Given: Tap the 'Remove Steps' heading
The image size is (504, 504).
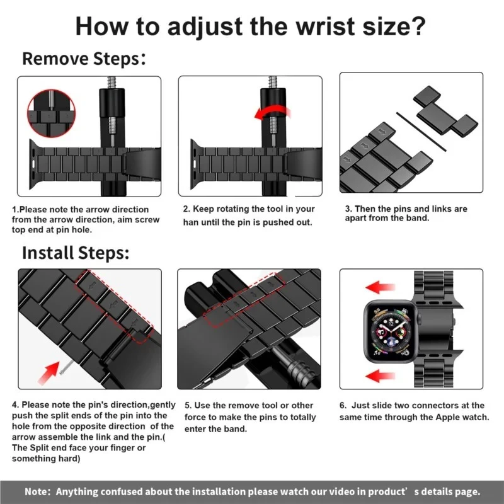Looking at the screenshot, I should tap(81, 59).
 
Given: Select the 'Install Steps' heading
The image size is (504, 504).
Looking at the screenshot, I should tap(76, 253).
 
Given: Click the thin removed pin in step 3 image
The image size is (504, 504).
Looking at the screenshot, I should tap(421, 132).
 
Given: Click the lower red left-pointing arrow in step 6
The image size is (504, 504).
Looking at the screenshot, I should tap(381, 377).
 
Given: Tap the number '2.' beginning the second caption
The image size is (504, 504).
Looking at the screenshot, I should tap(186, 209).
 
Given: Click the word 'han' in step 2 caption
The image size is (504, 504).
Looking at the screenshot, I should tap(192, 222).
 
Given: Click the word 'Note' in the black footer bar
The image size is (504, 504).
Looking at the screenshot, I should tap(37, 491).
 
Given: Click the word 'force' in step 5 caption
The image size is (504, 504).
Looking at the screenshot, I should tap(197, 417).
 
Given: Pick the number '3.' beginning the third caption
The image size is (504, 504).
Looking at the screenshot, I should tap(348, 209).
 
